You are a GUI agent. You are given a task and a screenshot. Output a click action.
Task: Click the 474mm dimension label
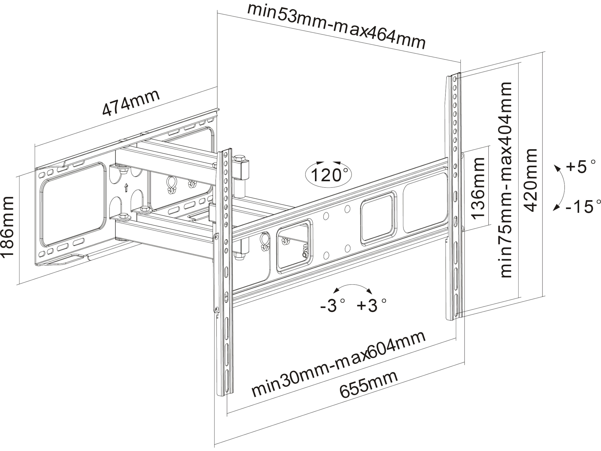tap(131, 102)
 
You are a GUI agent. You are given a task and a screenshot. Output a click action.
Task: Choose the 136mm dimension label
tap(478, 188)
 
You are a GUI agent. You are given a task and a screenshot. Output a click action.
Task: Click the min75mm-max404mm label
tap(506, 179)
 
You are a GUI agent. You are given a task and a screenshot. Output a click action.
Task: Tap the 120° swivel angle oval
tap(328, 175)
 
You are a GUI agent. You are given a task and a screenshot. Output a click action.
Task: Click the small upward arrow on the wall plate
tap(126, 188)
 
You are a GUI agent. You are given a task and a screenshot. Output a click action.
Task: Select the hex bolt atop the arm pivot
tap(239, 158)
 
